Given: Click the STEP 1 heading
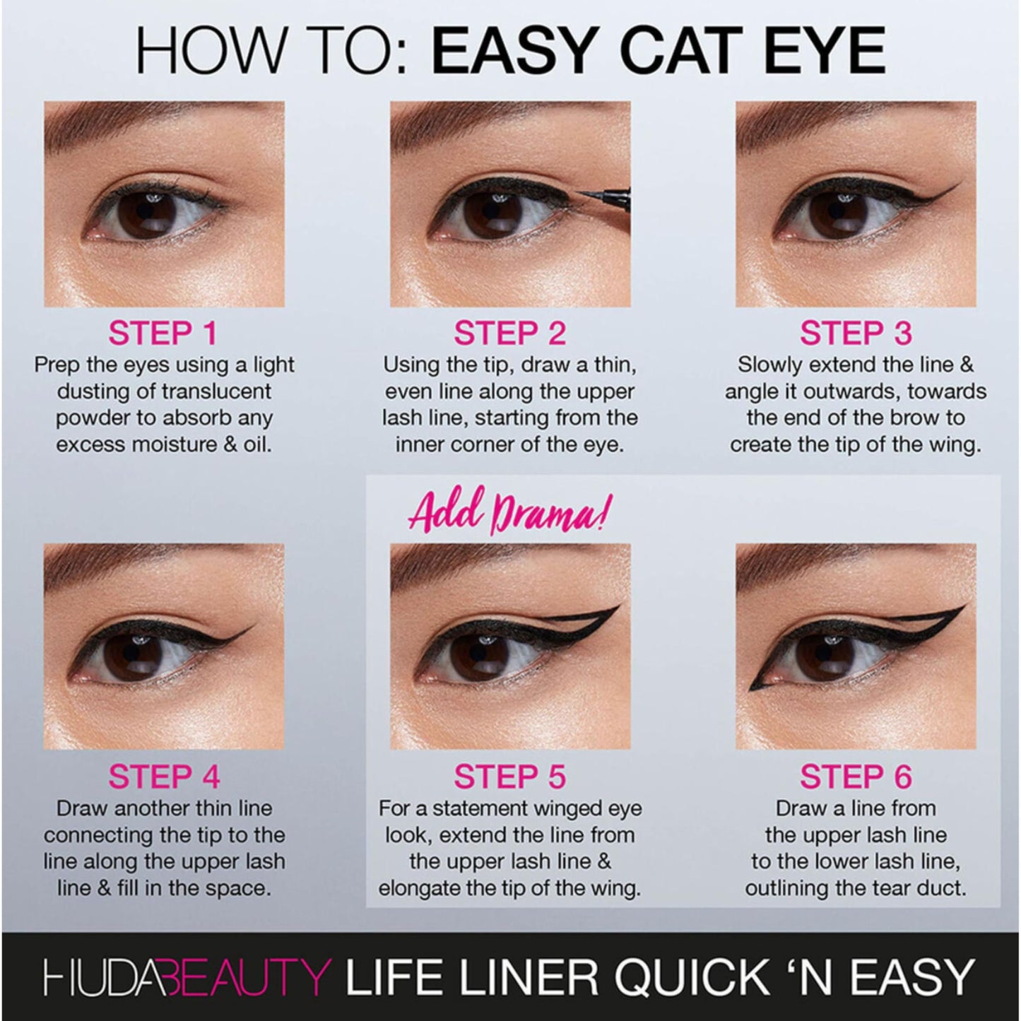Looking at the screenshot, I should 163,334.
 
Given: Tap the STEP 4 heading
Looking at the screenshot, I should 164,777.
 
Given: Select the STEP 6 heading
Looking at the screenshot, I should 856,777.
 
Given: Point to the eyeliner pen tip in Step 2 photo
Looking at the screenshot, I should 579,192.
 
